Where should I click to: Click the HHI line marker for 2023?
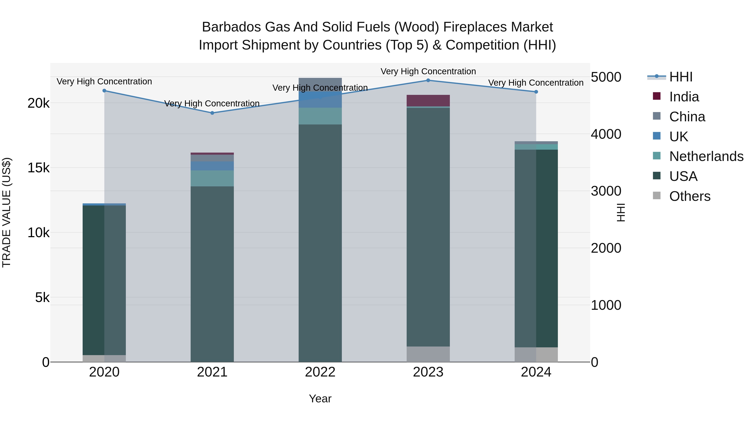coord(428,80)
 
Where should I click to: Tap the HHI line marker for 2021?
coord(212,113)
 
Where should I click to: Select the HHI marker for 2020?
coord(104,91)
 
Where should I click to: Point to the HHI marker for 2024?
coord(536,92)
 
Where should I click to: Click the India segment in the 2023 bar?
coord(428,101)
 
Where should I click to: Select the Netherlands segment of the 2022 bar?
coord(320,116)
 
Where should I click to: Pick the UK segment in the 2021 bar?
coord(212,166)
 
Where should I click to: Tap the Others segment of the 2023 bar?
coord(428,354)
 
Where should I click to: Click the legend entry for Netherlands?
coord(706,156)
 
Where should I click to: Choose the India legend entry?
coord(684,97)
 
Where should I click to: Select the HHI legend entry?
coord(681,77)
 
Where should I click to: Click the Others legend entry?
coord(690,196)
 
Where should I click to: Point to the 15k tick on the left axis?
coord(38,168)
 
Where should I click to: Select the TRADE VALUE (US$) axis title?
coord(7,212)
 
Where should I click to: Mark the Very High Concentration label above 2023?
coord(428,72)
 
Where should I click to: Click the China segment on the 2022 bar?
coord(320,84)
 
